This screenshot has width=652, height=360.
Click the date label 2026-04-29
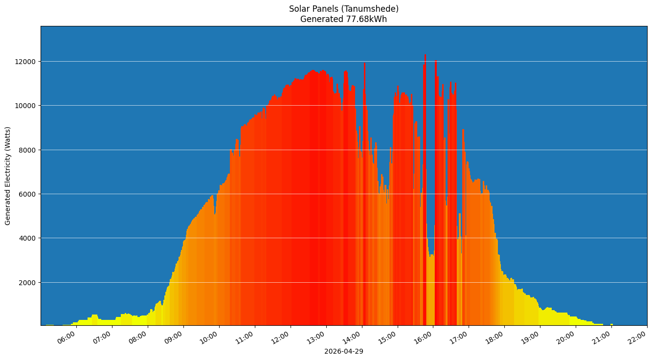[x=343, y=351]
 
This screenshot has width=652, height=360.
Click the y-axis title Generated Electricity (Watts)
[x=8, y=176]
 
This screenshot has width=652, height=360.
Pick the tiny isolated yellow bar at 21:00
[x=611, y=324]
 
